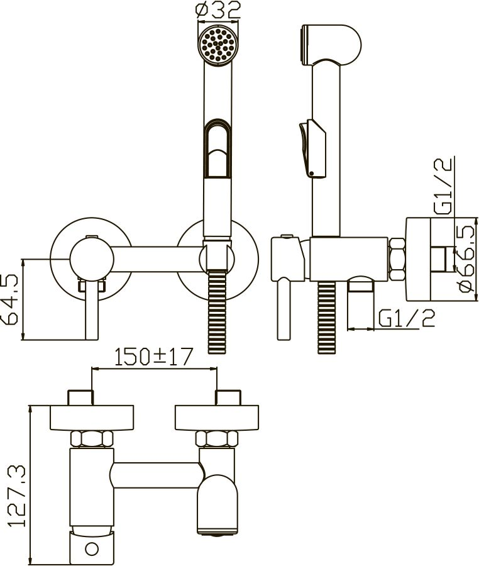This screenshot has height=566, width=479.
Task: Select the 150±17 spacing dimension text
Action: (x=154, y=357)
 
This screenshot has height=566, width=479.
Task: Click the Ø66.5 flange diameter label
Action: (x=465, y=259)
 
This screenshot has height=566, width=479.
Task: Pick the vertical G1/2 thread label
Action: (x=443, y=186)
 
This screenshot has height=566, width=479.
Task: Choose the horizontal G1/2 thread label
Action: (x=407, y=318)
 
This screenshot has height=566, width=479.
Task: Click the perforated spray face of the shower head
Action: (x=218, y=45)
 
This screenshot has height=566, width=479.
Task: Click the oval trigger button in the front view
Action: (x=217, y=148)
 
